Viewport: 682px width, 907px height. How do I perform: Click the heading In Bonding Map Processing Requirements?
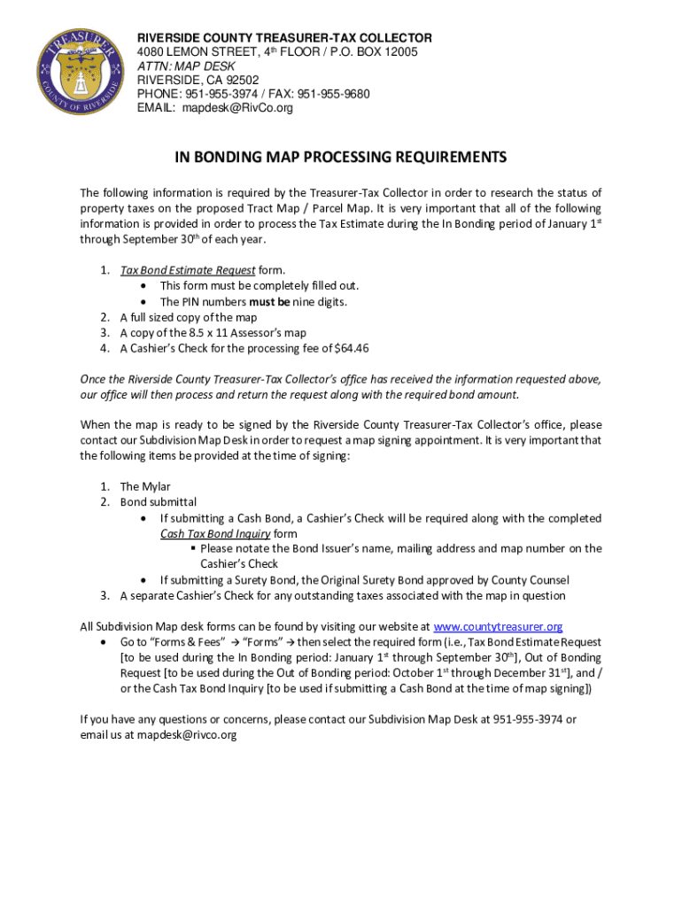(340, 158)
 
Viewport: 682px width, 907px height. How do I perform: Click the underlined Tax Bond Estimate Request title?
(188, 270)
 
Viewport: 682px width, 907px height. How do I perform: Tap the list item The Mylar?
(145, 486)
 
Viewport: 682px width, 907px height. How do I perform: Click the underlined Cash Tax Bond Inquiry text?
(215, 534)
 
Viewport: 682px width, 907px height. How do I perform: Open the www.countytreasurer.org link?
(498, 626)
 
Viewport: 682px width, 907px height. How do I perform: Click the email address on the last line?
(186, 735)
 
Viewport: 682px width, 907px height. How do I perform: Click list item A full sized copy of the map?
(189, 317)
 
